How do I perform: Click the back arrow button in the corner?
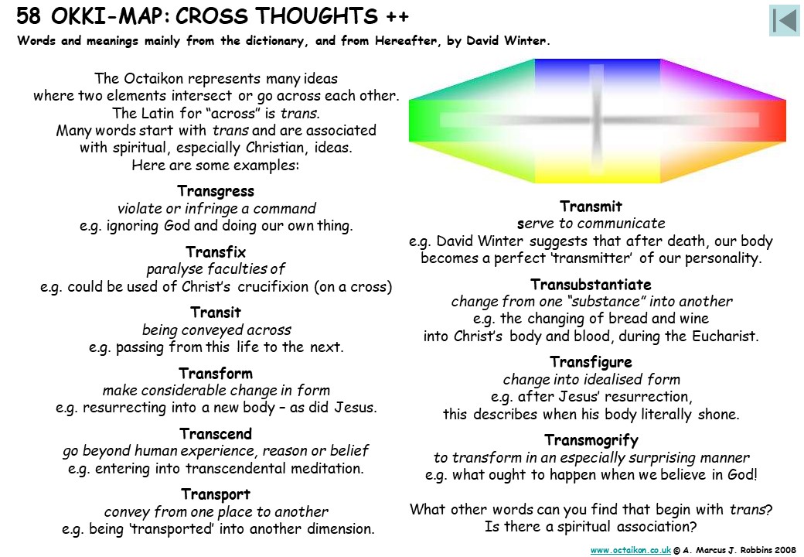(785, 21)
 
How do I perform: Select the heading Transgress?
(216, 191)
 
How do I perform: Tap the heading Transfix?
(216, 252)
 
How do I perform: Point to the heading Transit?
(216, 313)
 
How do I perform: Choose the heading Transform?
(216, 373)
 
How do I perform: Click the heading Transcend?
(216, 433)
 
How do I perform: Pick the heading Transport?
(216, 494)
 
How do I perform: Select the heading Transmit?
(591, 207)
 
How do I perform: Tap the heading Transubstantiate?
(591, 284)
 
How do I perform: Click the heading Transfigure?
(591, 362)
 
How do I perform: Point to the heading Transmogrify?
(591, 440)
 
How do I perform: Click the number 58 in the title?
(28, 16)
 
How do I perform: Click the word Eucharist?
(724, 337)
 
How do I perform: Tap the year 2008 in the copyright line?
(786, 550)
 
